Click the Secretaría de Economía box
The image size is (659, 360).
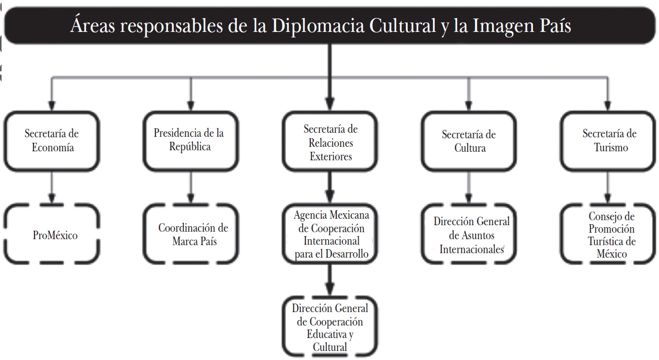point(52,140)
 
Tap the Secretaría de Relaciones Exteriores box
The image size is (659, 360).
point(330,142)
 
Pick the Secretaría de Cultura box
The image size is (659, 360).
point(468,141)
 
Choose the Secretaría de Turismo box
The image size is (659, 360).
point(608,140)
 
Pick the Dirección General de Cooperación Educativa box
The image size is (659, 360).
point(330,327)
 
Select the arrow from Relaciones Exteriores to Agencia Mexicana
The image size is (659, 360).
point(330,188)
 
